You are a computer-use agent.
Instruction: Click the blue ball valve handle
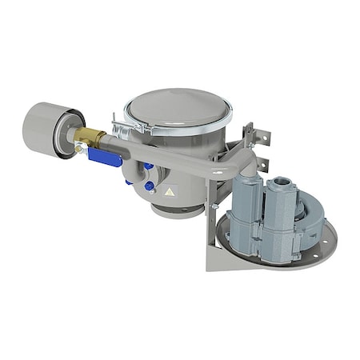click(104, 157)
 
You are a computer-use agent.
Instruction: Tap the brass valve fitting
click(90, 138)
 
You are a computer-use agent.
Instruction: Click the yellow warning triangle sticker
click(169, 193)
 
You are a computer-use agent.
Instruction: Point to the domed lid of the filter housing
click(178, 109)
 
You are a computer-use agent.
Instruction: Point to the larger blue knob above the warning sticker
click(150, 186)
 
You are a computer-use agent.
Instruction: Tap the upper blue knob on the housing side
click(147, 166)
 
